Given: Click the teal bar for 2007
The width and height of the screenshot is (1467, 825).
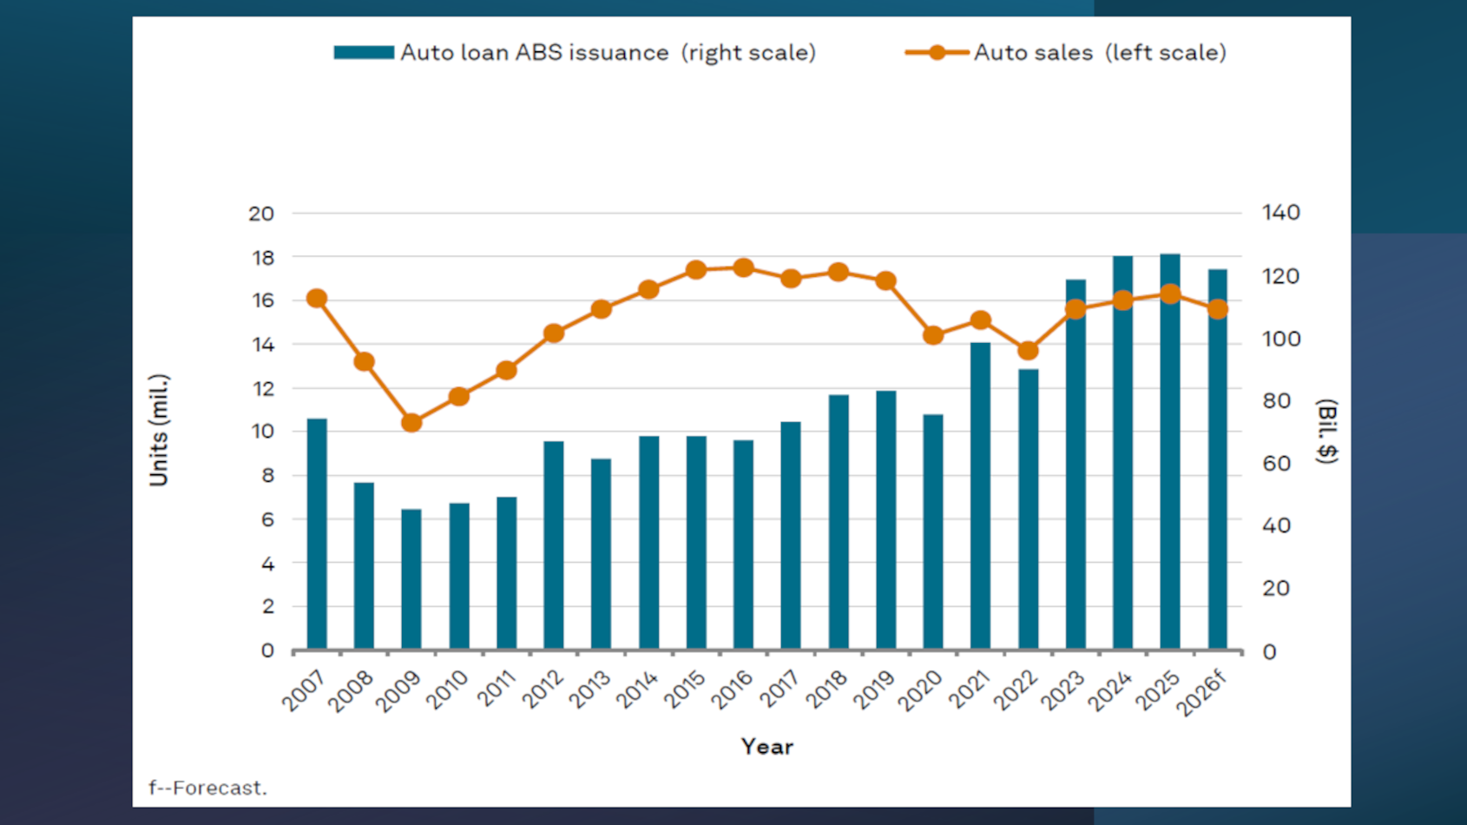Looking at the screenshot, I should click(317, 534).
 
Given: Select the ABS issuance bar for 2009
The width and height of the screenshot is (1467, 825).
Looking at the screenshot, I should click(411, 579).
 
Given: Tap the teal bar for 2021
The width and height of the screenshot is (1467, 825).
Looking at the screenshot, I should click(980, 496).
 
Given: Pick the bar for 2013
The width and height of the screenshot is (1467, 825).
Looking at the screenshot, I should click(601, 554).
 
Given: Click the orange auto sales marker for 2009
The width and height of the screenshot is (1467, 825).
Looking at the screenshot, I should click(411, 423).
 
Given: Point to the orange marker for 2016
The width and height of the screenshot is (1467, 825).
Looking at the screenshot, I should click(743, 267).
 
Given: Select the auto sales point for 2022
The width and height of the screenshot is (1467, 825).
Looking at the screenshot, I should click(1028, 350).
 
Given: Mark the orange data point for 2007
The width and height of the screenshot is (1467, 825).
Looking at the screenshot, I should click(317, 298).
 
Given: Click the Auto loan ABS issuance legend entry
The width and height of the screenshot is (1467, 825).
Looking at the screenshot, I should click(575, 52).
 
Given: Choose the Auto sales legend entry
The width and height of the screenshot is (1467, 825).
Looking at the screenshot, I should click(1066, 52).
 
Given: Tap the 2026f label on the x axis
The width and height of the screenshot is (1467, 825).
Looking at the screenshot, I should click(1203, 693).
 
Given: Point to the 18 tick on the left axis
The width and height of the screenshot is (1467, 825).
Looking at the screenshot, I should click(262, 258).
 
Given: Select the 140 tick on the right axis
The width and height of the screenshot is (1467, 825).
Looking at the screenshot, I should click(1280, 213).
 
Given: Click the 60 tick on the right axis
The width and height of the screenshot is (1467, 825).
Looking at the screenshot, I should click(1275, 464).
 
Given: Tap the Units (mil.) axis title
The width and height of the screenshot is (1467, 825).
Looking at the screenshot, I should click(158, 430).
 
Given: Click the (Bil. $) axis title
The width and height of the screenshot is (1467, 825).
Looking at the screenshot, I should click(1326, 432).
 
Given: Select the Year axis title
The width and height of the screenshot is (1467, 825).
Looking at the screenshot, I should click(766, 747).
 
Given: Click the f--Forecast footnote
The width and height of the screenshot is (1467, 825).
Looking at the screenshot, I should click(207, 788).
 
